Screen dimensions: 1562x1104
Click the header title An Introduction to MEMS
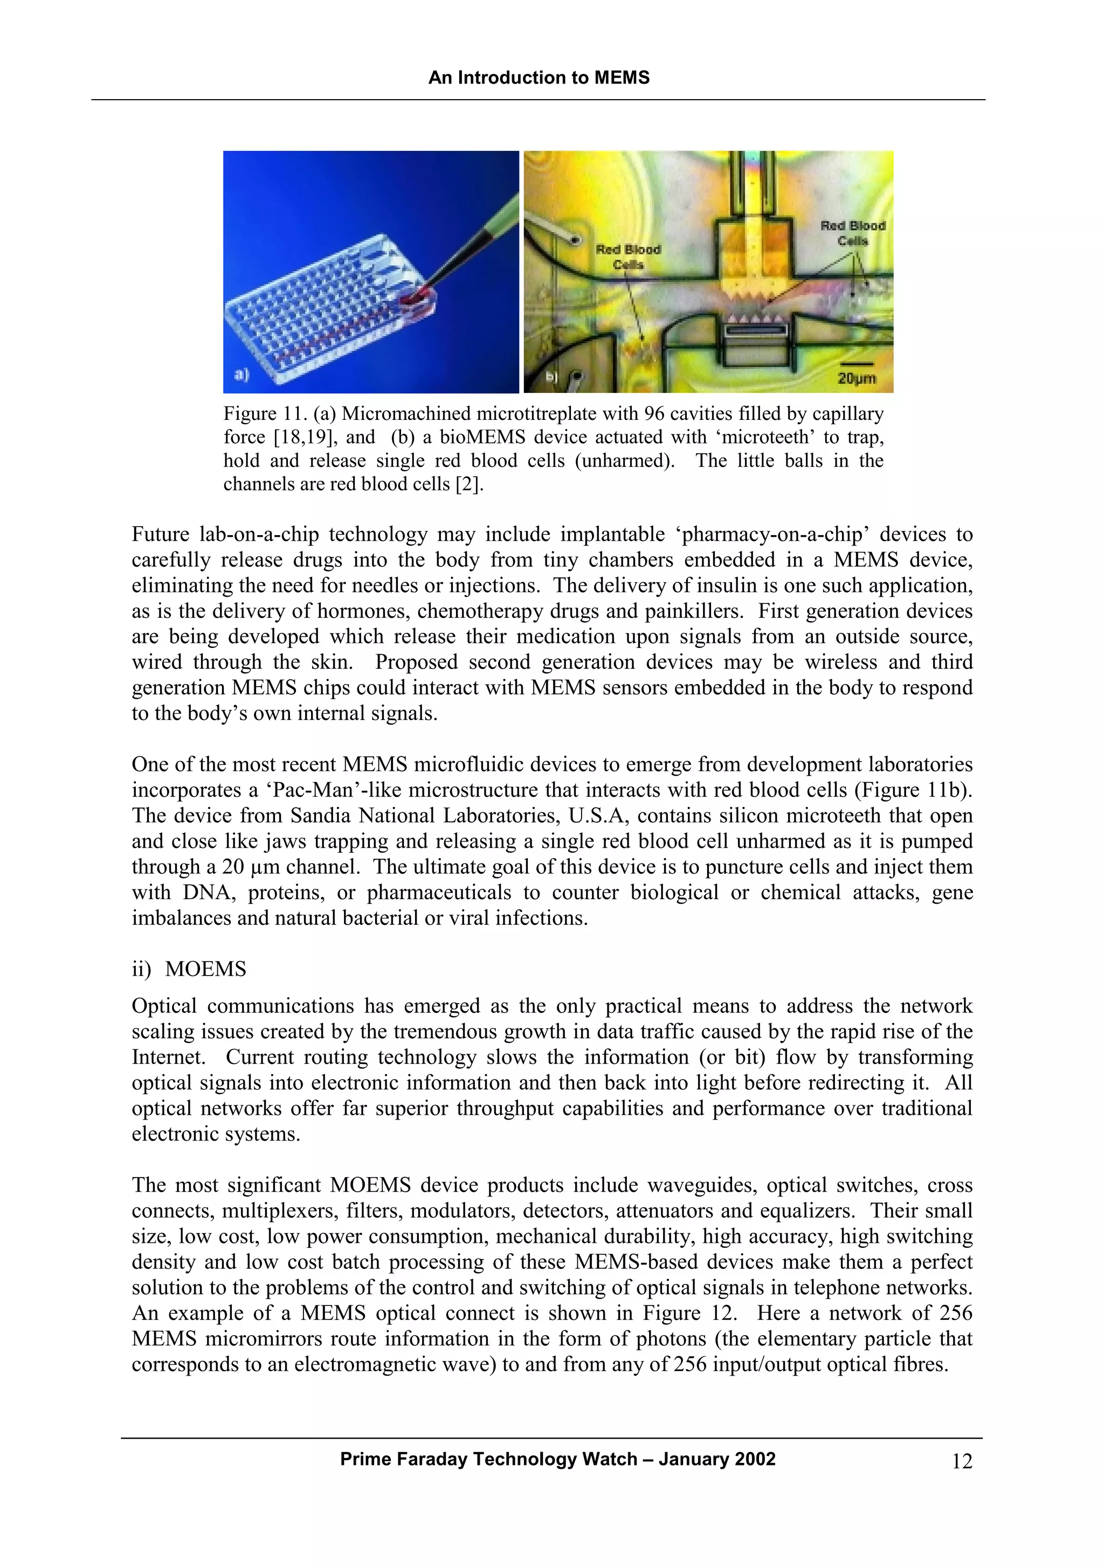coord(539,78)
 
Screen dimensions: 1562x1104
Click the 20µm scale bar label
coord(857,378)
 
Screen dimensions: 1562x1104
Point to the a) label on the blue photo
coord(241,374)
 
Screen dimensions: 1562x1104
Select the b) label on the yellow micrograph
coord(551,376)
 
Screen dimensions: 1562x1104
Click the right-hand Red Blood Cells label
coord(852,233)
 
